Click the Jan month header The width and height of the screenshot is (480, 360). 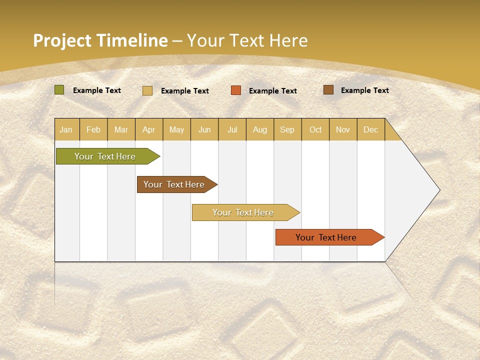(x=66, y=129)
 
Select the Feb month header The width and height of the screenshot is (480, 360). (x=93, y=129)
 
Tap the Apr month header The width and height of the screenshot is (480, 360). (x=149, y=129)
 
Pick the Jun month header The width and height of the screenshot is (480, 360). (x=204, y=129)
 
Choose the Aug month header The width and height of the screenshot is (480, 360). (x=260, y=129)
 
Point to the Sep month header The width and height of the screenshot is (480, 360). (x=287, y=129)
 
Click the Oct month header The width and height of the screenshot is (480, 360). (x=315, y=129)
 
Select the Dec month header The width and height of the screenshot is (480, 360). (x=370, y=129)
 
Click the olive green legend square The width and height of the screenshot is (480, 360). (x=59, y=90)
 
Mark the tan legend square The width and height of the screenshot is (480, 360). (x=147, y=90)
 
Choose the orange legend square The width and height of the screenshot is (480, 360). (x=236, y=90)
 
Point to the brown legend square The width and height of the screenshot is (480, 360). (x=328, y=90)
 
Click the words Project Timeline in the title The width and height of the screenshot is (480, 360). (x=100, y=40)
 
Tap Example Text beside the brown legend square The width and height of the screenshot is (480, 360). (x=364, y=90)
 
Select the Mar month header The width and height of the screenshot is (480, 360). (x=121, y=129)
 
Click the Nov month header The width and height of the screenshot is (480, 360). (x=343, y=129)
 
